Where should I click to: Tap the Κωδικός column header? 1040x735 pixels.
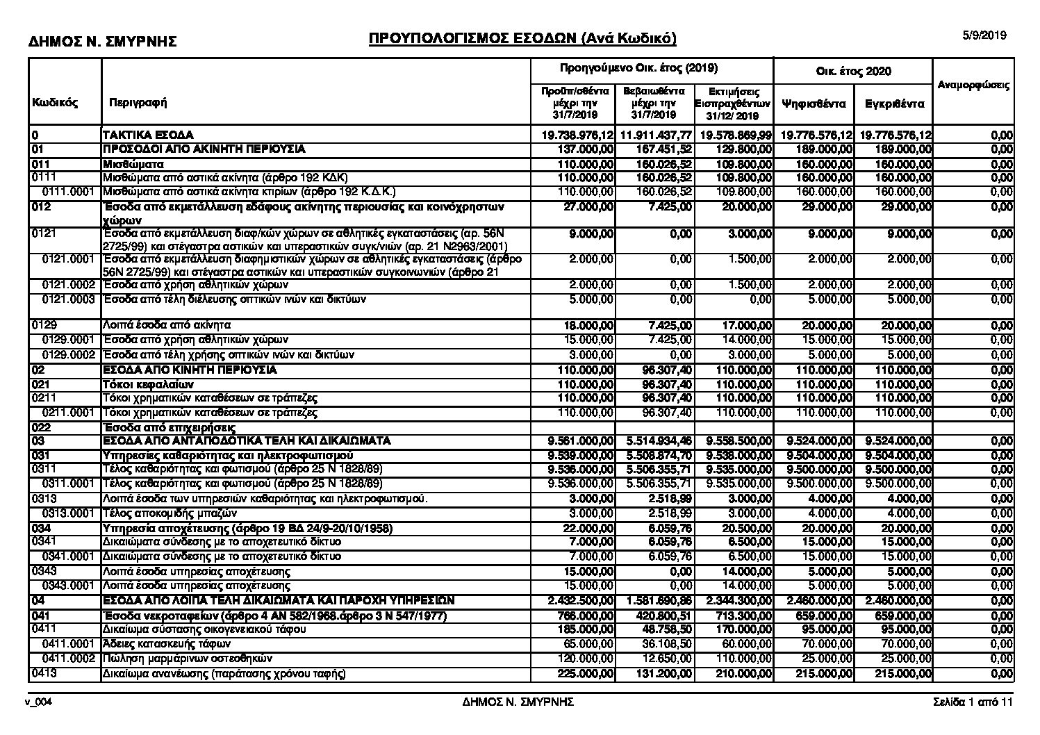[x=55, y=103]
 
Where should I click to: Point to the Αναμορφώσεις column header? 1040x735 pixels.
[x=973, y=85]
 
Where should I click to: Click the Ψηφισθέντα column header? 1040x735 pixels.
[x=813, y=104]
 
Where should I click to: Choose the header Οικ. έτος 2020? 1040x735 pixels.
[x=852, y=72]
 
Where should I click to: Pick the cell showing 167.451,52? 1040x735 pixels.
[x=663, y=149]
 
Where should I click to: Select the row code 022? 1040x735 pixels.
[x=40, y=428]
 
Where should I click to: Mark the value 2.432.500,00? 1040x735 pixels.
[x=581, y=601]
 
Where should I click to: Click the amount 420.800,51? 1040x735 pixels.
[x=663, y=616]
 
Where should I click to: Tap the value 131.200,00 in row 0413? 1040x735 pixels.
[x=663, y=674]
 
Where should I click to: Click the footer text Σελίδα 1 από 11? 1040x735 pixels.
[x=973, y=702]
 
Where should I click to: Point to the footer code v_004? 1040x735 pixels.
[x=40, y=702]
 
